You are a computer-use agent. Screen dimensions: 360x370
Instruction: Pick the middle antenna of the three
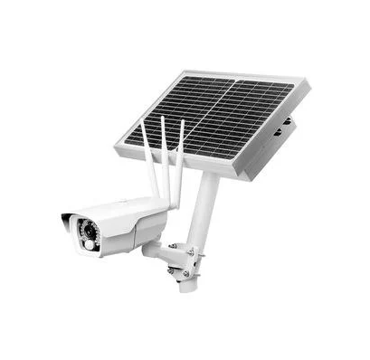pyautogui.click(x=165, y=154)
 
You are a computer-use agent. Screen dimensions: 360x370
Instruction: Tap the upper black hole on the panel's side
pyautogui.click(x=289, y=120)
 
